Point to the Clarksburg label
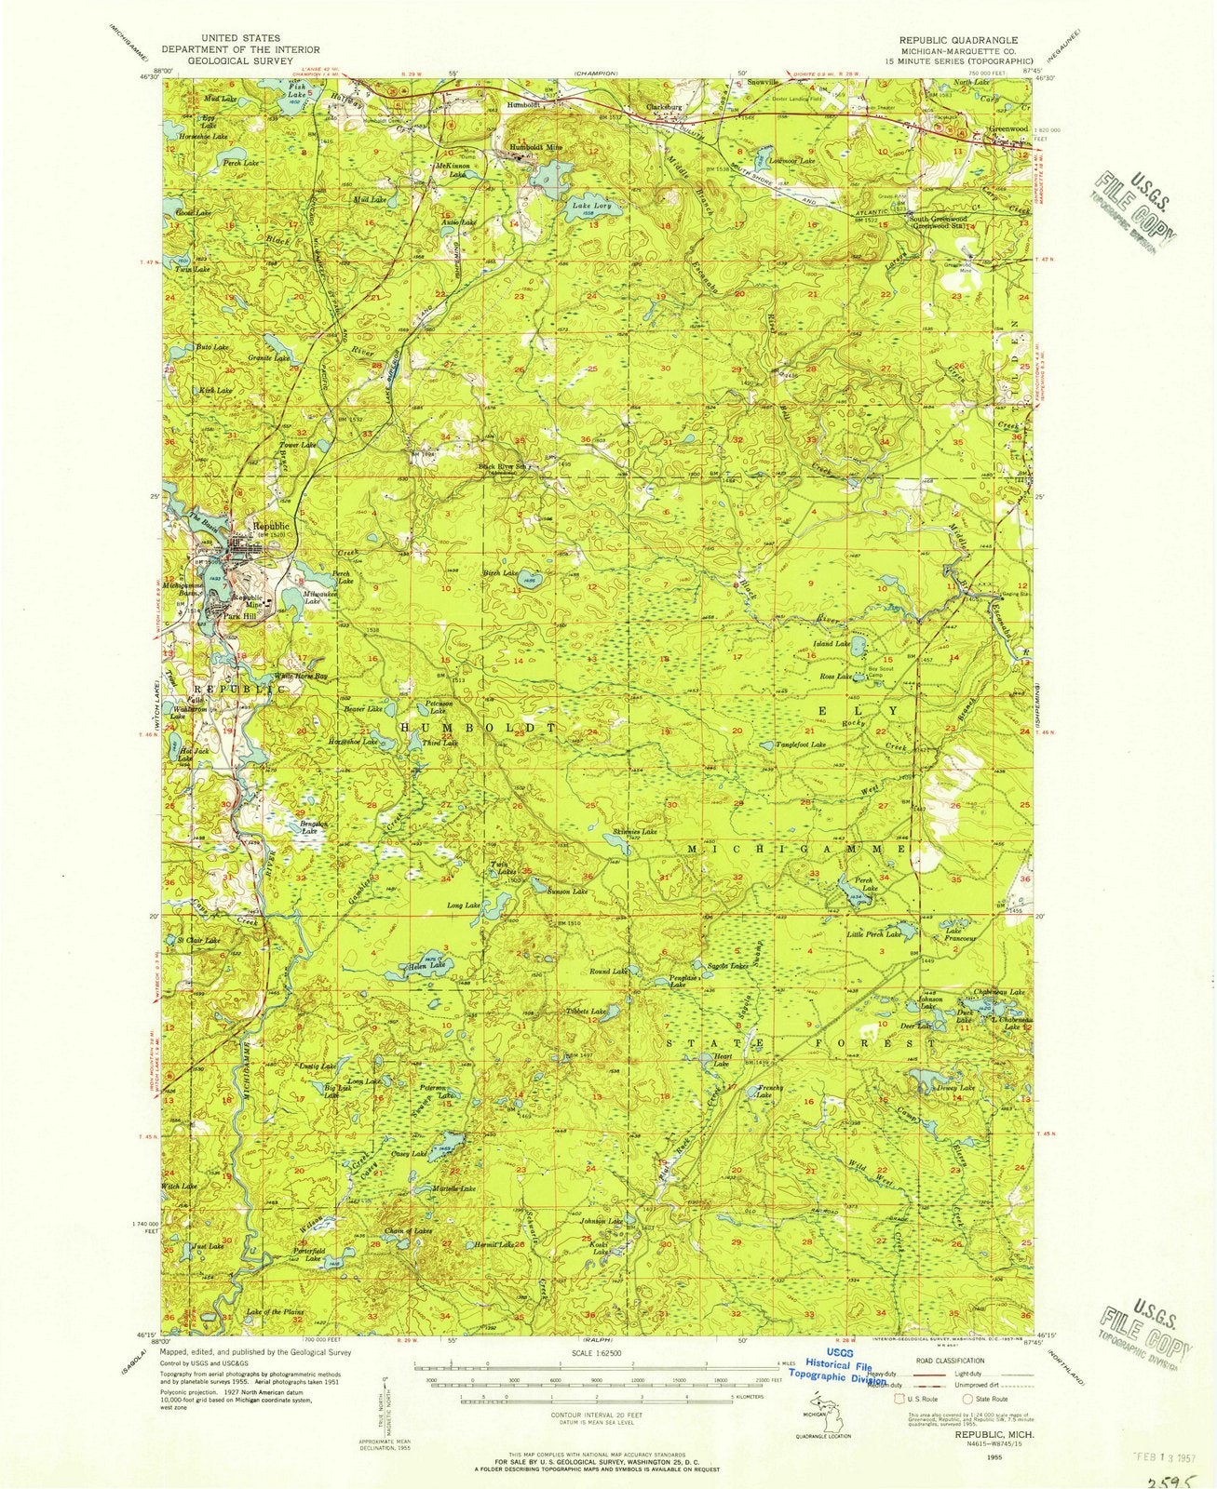[x=665, y=107]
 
